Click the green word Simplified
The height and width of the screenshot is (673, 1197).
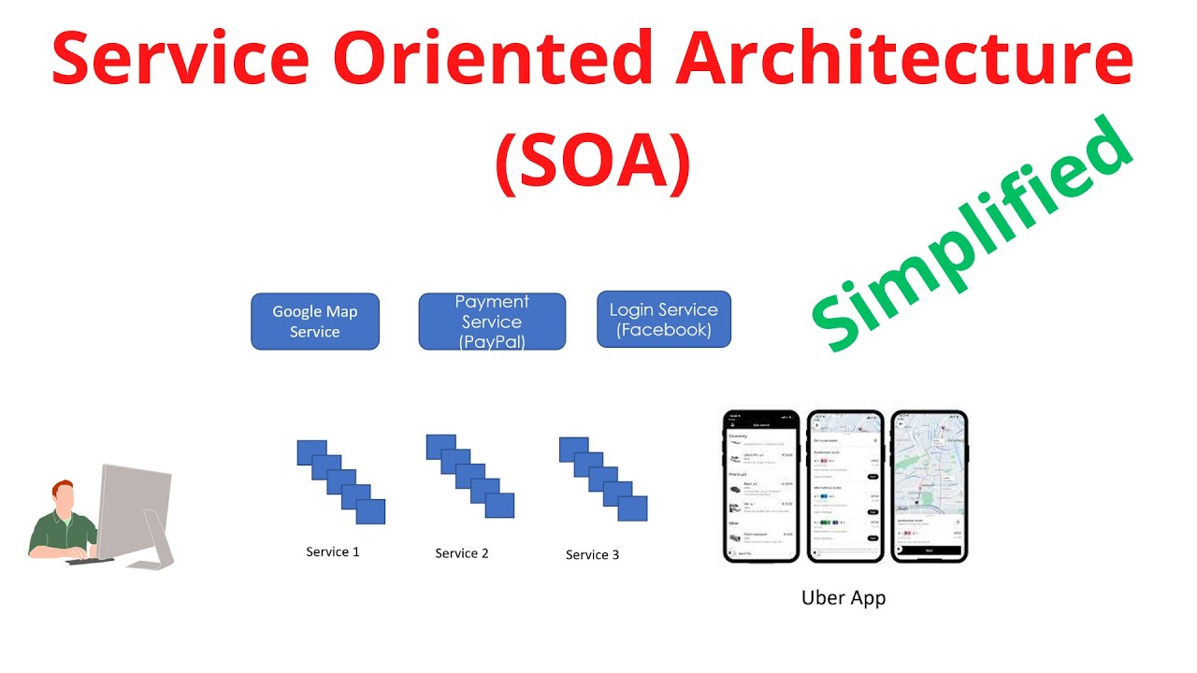[973, 234]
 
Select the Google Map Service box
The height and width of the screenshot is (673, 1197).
[315, 322]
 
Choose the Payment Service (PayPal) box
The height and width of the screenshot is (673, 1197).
[492, 322]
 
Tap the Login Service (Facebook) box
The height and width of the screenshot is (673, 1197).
[664, 320]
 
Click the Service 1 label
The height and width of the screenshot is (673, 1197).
[333, 552]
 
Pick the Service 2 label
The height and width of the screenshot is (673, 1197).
[462, 553]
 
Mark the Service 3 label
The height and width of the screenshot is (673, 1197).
[592, 555]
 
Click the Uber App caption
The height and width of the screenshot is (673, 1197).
[844, 598]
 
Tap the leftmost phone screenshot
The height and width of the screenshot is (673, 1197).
[762, 486]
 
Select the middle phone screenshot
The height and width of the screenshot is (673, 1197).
[845, 486]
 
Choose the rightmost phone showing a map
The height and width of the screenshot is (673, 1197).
[929, 486]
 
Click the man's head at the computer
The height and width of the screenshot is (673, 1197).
[63, 494]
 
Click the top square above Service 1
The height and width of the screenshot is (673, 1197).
[310, 452]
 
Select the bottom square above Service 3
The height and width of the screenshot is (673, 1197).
[632, 508]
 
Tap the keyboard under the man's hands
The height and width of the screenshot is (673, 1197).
[90, 560]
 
